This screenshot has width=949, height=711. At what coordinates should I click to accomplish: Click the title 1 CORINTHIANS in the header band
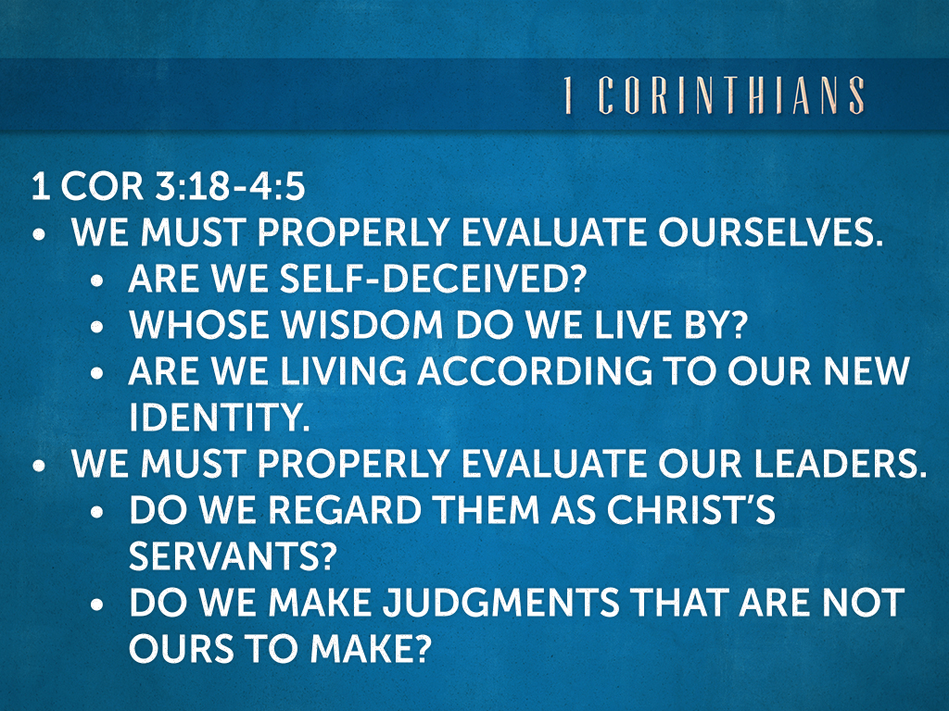(714, 96)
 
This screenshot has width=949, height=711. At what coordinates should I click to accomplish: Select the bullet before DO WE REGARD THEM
(98, 512)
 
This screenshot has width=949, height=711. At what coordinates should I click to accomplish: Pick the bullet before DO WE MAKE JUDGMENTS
(98, 605)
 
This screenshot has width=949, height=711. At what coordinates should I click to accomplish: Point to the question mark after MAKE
(421, 649)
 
